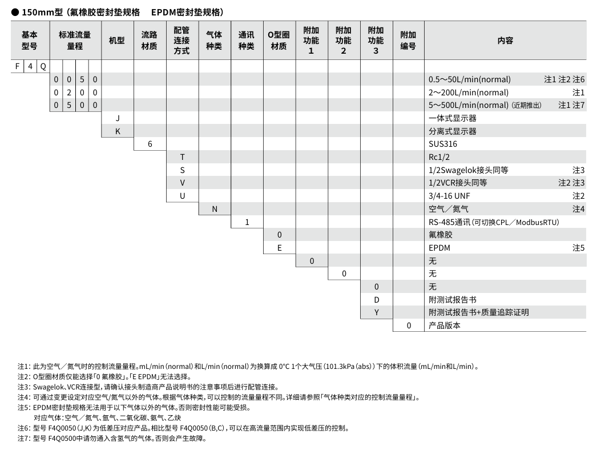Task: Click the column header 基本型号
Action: (30, 40)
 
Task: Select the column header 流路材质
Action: (150, 40)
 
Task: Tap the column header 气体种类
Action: (214, 40)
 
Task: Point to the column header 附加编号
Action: (408, 40)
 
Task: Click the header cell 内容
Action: (505, 40)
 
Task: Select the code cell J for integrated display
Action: (117, 118)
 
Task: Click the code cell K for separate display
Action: (117, 131)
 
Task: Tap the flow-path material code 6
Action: (150, 144)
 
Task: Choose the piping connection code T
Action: (182, 157)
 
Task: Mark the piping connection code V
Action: (182, 183)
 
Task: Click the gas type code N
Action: (215, 209)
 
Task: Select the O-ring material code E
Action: (279, 248)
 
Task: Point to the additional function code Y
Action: (376, 312)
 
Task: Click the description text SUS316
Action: (442, 144)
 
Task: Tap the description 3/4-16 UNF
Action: (449, 196)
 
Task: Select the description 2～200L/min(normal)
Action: (468, 93)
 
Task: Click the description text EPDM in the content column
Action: (439, 248)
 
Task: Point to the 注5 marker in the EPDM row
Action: (579, 248)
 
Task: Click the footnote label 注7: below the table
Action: (23, 439)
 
